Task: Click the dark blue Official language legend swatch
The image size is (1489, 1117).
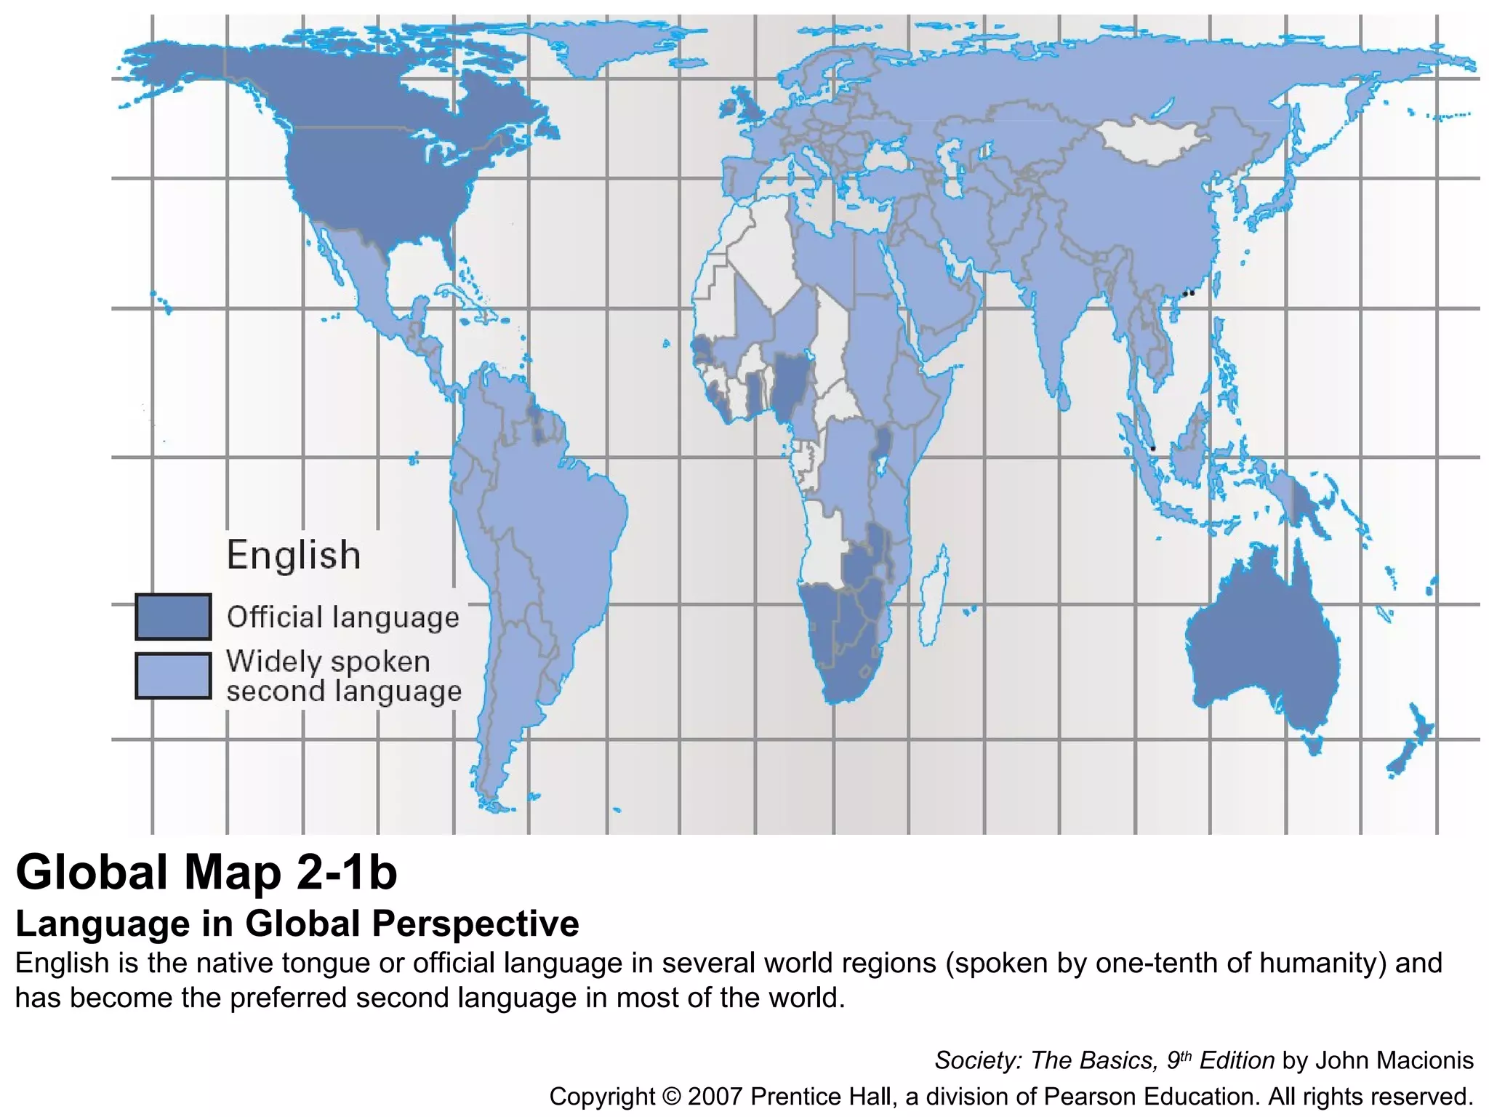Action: coord(173,617)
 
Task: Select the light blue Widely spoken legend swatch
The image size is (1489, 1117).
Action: coord(173,676)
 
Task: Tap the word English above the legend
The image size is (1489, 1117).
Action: coord(294,555)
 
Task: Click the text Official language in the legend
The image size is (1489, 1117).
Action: coord(343,617)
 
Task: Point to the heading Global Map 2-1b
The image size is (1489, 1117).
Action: coord(206,872)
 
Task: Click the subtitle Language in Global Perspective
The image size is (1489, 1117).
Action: coord(297,924)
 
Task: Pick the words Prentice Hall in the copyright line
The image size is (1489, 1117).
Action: coord(820,1096)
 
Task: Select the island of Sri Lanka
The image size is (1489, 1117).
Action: coord(1063,396)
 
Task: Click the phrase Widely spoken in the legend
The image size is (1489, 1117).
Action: coord(329,662)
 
